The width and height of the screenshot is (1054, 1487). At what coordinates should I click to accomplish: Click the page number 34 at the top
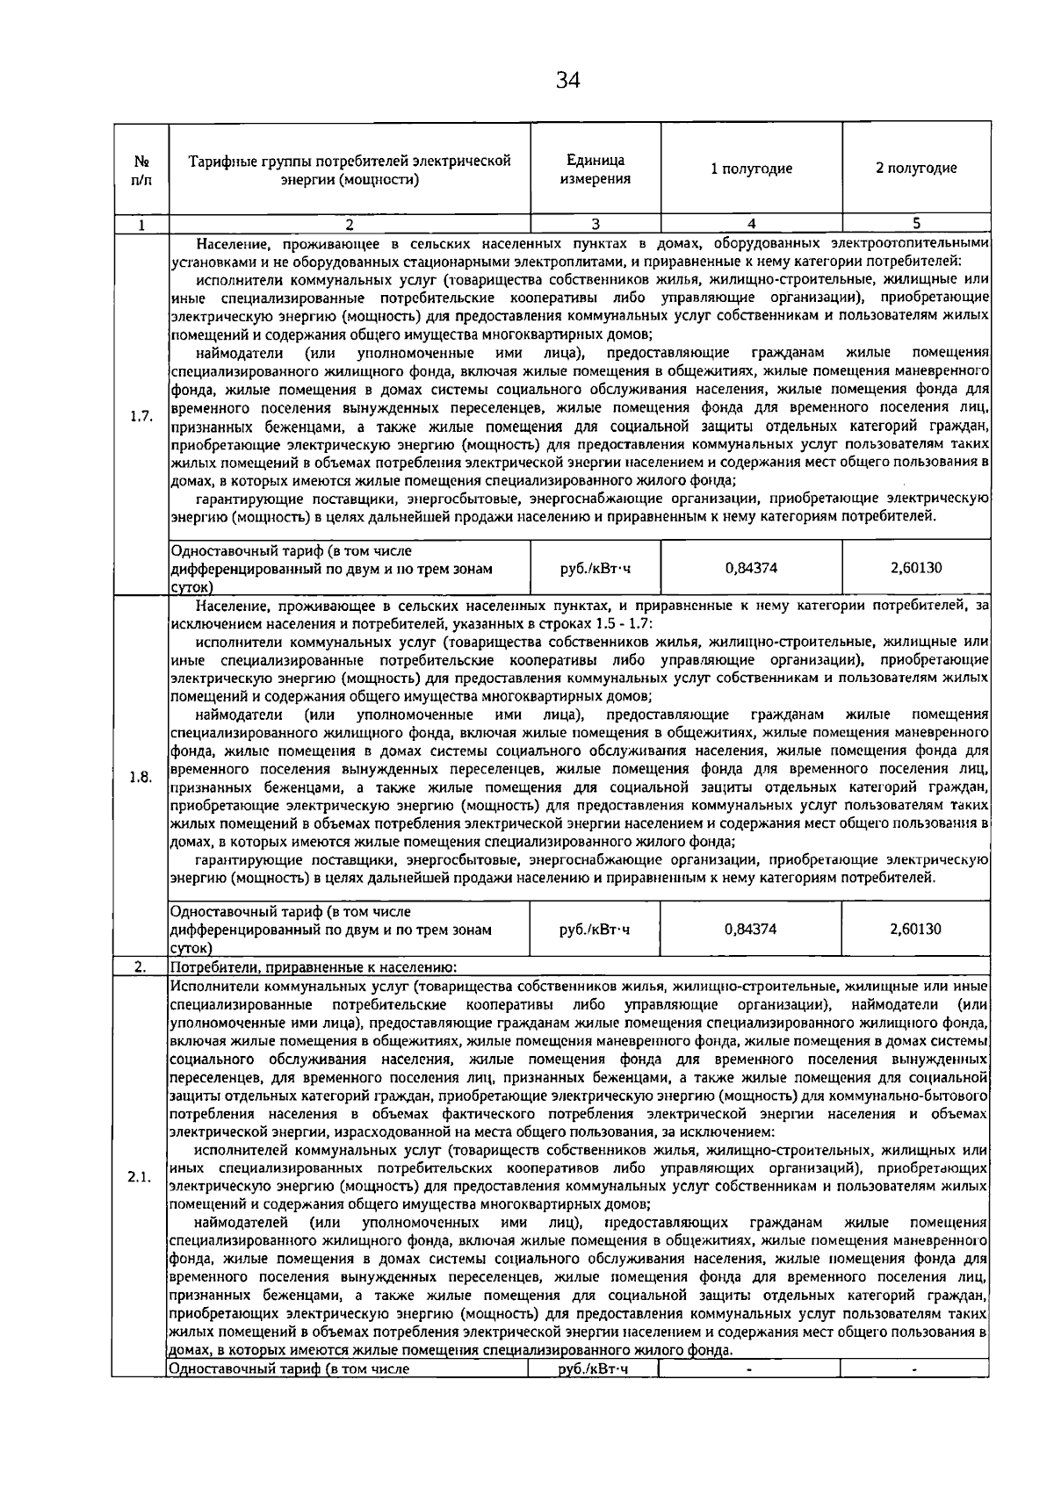[567, 82]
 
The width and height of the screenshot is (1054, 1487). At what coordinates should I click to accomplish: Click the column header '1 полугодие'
[751, 169]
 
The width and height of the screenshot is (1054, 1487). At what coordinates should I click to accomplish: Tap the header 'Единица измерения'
[596, 169]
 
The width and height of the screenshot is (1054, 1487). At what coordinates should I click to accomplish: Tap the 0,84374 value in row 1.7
[751, 568]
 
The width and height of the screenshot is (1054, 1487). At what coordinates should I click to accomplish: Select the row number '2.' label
[140, 967]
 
